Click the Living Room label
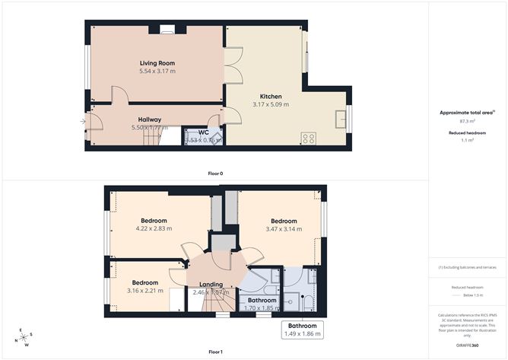(x=157, y=62)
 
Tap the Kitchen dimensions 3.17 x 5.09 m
(x=267, y=105)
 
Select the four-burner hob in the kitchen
(x=309, y=138)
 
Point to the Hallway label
(x=149, y=119)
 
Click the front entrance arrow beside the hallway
(x=83, y=121)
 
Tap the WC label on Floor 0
(x=203, y=132)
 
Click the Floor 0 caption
(x=215, y=174)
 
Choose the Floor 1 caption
(x=215, y=352)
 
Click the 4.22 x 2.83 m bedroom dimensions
(x=154, y=228)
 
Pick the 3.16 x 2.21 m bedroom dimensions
(x=144, y=291)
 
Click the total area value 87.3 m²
(x=467, y=121)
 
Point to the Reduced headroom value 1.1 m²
(x=467, y=140)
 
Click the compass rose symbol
(x=25, y=336)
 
